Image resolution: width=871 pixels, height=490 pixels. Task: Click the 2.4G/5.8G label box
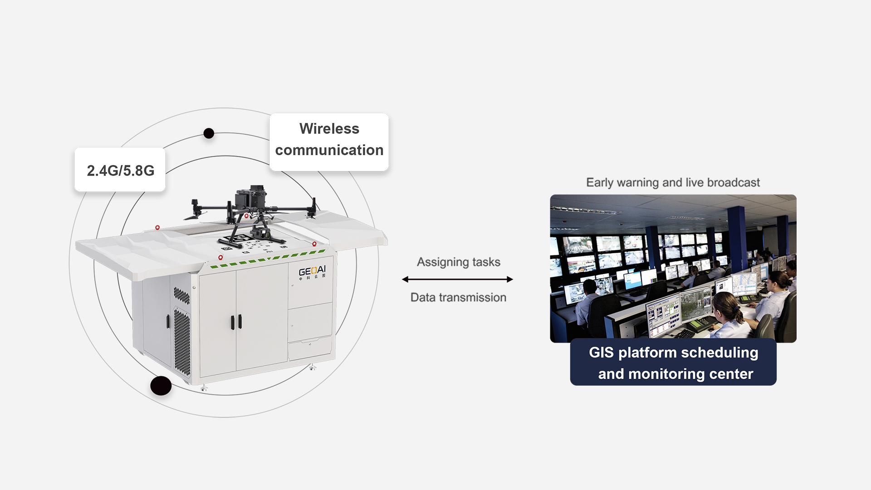120,170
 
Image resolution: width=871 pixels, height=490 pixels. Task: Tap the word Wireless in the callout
329,129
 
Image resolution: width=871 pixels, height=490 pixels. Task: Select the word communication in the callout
329,150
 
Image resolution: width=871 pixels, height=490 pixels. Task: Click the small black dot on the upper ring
209,133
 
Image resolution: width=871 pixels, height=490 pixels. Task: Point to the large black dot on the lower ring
161,386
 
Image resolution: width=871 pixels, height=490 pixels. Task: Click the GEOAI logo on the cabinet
312,271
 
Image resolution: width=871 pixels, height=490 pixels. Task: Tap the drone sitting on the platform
252,209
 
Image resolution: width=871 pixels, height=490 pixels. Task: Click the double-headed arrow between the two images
457,279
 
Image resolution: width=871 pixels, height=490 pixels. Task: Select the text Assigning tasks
458,262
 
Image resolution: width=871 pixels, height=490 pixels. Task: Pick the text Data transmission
458,298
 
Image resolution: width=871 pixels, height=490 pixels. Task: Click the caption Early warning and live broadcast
673,182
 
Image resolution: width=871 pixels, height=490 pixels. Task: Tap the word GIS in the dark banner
601,353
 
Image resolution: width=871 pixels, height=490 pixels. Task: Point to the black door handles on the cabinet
236,322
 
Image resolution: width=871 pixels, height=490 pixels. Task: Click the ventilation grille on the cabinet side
182,340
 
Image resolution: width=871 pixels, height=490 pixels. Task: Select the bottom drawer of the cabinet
309,349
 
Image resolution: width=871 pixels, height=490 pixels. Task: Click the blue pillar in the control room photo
736,236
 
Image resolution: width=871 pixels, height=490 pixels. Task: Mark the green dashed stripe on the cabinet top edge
268,259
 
